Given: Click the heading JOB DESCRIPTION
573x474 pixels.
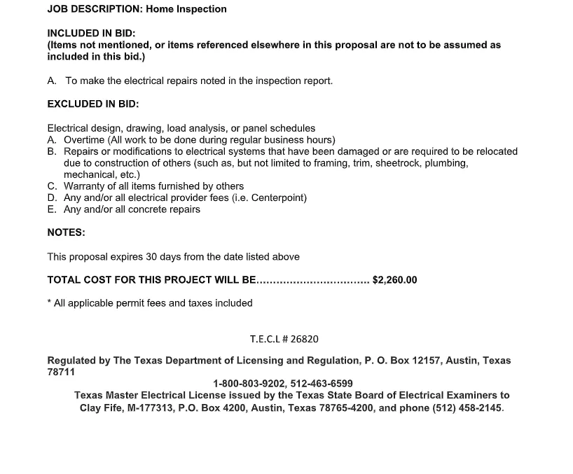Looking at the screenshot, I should click(95, 9).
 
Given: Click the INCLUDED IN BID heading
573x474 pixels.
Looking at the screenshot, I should click(91, 33).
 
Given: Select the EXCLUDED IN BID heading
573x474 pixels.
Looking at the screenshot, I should click(92, 104).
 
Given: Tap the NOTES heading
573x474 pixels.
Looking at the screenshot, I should click(66, 232).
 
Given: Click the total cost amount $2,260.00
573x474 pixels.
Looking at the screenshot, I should click(394, 280).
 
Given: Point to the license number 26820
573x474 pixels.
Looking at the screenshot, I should click(304, 339).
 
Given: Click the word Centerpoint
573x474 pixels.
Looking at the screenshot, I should click(278, 197).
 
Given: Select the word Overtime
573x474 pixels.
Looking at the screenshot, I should click(84, 140).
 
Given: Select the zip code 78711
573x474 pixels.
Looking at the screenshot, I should click(61, 372).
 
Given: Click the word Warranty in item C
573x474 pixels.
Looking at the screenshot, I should click(86, 186).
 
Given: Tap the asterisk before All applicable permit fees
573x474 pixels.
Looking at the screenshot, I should click(49, 302).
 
